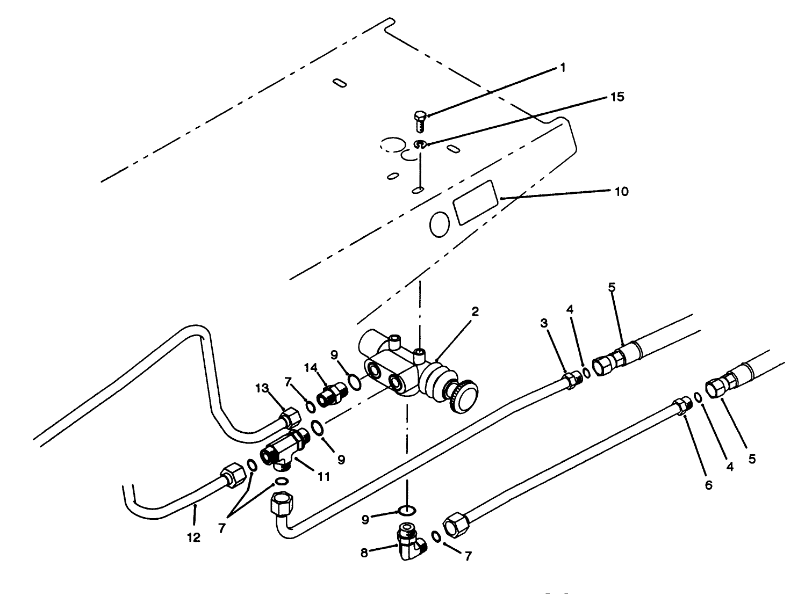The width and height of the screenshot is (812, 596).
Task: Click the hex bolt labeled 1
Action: click(421, 120)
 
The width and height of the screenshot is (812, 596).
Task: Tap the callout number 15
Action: click(618, 97)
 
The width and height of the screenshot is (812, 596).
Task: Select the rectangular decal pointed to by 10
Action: click(473, 202)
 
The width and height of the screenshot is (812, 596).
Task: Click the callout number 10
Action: click(621, 192)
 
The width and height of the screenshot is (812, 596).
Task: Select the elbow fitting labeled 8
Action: click(409, 542)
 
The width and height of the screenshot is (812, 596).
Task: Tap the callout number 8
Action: click(365, 553)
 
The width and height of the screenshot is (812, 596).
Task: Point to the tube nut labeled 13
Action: click(289, 417)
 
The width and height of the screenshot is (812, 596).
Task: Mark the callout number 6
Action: click(708, 485)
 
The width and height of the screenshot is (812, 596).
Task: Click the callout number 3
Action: click(544, 323)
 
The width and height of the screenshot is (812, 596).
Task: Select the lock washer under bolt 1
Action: click(421, 144)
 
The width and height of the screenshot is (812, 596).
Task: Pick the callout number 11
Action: click(322, 476)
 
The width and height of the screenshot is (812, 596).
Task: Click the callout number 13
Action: click(262, 389)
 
